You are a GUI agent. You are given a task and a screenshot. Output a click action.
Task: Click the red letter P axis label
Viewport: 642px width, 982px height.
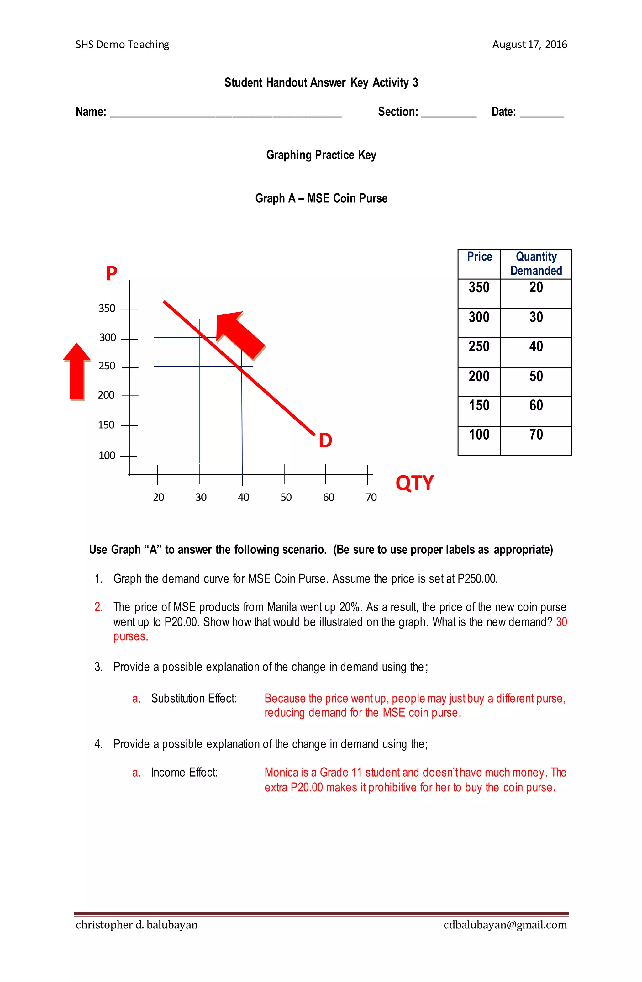point(111,273)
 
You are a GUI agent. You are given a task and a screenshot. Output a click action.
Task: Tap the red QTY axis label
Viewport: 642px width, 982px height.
point(414,483)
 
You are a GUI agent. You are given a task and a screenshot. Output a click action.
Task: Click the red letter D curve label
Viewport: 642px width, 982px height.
point(325,441)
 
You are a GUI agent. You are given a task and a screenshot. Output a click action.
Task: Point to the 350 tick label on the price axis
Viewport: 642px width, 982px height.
point(107,308)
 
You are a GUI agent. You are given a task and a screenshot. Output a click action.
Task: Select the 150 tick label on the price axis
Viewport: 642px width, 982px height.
point(106,425)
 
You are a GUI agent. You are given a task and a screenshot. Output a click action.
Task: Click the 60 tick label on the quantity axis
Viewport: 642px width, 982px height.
point(329,497)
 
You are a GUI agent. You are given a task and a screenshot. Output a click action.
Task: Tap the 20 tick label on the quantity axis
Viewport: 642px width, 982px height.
point(158,497)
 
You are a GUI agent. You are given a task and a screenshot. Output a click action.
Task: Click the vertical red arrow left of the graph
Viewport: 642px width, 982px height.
point(77,371)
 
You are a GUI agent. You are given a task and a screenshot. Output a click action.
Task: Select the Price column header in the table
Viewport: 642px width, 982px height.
point(479,257)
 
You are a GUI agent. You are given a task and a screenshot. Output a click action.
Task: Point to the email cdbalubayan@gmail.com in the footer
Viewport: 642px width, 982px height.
point(505,925)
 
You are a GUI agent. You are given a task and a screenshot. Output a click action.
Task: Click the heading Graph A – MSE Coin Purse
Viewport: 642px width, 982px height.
point(321,198)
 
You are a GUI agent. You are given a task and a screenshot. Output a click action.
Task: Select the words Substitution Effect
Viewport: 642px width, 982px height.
point(193,698)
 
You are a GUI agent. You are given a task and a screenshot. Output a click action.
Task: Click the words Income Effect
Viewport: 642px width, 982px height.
point(184,772)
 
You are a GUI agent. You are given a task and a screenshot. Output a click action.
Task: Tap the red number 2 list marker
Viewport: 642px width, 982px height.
point(98,607)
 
